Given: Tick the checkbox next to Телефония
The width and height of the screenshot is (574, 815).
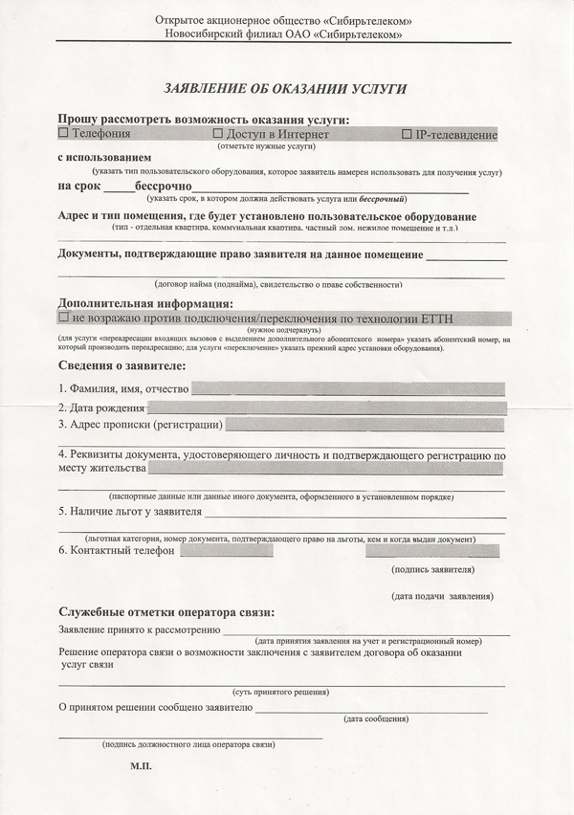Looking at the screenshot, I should click(64, 135).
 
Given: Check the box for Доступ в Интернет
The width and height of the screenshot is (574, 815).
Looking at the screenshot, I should click(218, 135).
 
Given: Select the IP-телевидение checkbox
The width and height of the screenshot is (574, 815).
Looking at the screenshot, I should click(408, 135).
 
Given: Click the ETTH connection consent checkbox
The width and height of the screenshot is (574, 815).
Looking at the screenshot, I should click(64, 317).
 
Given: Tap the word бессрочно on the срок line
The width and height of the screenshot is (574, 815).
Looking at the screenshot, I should click(164, 185).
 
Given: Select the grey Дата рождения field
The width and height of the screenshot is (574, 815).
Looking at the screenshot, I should click(325, 407).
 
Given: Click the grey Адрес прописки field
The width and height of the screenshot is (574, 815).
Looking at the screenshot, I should click(364, 425).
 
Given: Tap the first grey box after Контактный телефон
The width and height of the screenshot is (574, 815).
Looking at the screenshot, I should click(226, 550).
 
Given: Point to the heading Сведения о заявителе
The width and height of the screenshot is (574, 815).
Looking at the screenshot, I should click(121, 366).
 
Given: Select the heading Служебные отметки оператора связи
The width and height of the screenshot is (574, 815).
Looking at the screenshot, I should click(166, 612).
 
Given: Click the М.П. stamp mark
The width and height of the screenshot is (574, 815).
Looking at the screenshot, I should click(141, 767).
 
